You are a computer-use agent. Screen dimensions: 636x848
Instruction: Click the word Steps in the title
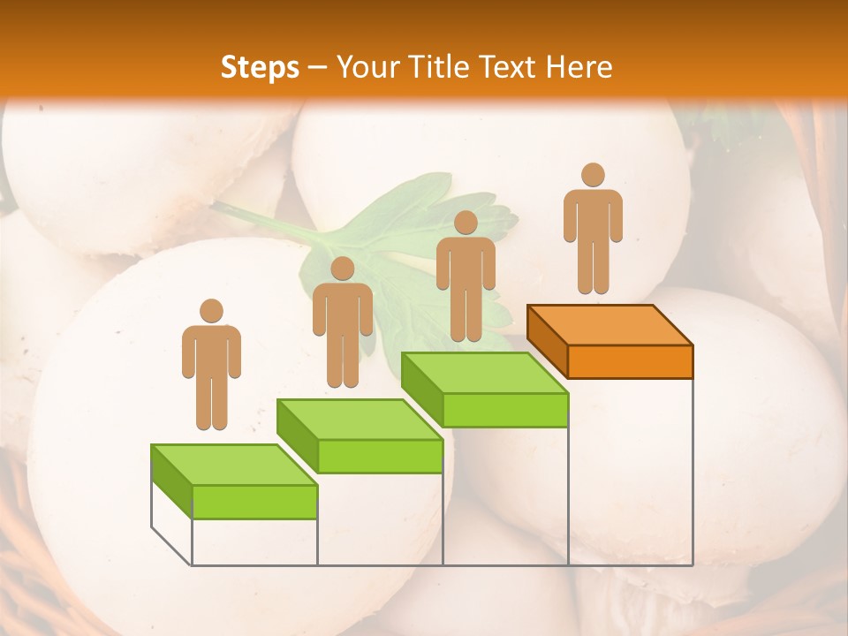pyautogui.click(x=260, y=67)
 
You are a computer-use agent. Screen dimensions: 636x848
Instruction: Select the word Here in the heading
pyautogui.click(x=579, y=67)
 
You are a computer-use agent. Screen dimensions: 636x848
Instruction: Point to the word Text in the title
pyautogui.click(x=510, y=67)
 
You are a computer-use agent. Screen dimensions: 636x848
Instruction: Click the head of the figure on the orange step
pyautogui.click(x=593, y=175)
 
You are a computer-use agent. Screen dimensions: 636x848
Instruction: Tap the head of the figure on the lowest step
pyautogui.click(x=211, y=311)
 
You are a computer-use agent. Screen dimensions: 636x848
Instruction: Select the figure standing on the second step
pyautogui.click(x=342, y=322)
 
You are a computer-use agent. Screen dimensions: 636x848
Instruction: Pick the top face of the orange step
pyautogui.click(x=609, y=324)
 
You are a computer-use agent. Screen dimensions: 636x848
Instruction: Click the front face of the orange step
pyautogui.click(x=630, y=361)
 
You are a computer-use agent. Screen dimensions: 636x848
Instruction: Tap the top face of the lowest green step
pyautogui.click(x=234, y=465)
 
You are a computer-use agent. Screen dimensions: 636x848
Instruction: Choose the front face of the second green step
pyautogui.click(x=380, y=456)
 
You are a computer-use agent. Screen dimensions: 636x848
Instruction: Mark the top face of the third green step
pyautogui.click(x=484, y=373)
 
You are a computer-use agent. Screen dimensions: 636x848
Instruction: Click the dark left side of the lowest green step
pyautogui.click(x=171, y=481)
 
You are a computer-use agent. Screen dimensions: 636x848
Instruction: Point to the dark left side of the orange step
pyautogui.click(x=547, y=341)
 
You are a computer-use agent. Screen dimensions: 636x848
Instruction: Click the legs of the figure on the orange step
pyautogui.click(x=593, y=265)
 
